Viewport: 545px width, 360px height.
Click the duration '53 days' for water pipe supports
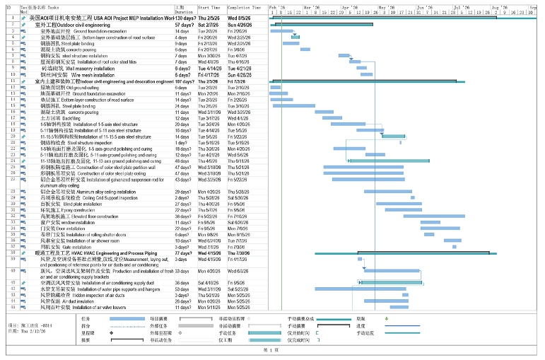pos(182,289)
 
